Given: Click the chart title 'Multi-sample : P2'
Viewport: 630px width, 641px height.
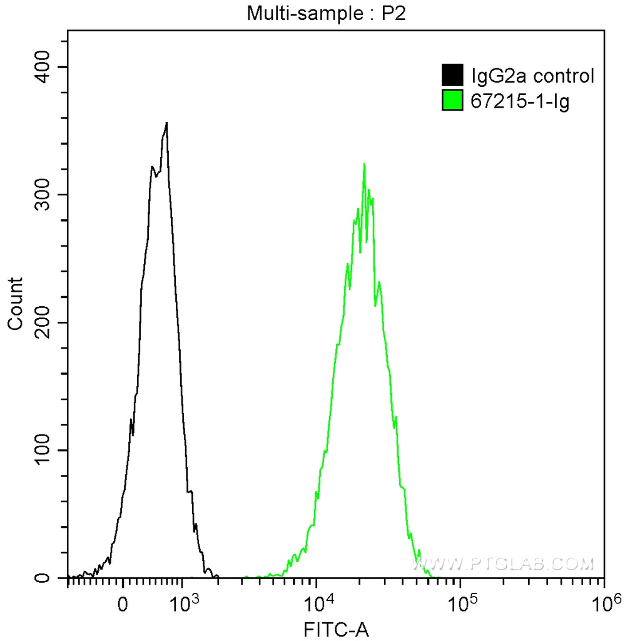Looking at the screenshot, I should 327,13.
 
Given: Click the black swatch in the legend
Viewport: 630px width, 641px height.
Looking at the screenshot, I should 452,76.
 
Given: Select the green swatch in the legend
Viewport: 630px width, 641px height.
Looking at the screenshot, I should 452,101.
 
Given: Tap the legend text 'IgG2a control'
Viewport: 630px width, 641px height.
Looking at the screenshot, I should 531,76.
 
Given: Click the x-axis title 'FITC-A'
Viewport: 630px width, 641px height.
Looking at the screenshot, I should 336,628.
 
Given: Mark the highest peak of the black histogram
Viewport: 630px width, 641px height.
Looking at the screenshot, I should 166,123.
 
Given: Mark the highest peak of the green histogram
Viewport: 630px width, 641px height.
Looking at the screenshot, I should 364,164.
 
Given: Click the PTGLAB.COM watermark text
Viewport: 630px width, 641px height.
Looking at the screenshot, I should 504,565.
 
